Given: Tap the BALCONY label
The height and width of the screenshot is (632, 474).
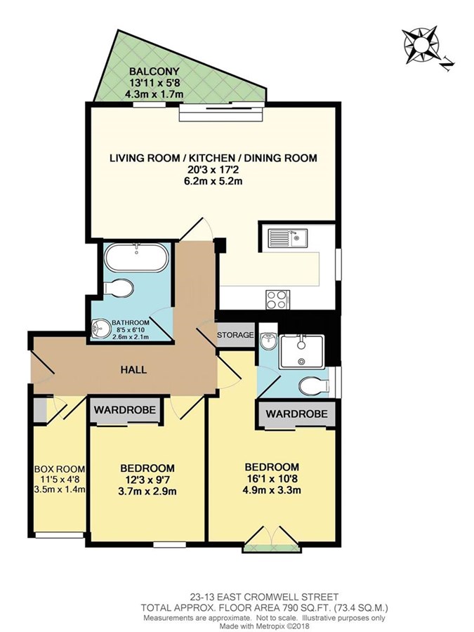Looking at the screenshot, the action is tap(154, 72).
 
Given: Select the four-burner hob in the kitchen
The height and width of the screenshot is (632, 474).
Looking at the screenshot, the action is tap(277, 300).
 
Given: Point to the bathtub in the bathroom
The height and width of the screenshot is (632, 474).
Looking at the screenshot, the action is tap(137, 258).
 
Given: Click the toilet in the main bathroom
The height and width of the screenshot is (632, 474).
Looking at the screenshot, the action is tap(119, 288).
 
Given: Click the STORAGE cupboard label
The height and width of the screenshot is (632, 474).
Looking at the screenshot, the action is tap(235, 334).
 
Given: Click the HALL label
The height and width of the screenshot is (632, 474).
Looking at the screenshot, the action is tap(133, 369).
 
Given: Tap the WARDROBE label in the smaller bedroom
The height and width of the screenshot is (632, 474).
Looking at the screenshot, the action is tap(125, 410).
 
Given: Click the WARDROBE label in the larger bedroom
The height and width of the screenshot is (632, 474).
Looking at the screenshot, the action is tap(296, 414).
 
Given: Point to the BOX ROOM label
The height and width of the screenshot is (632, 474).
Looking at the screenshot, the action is tap(60, 469).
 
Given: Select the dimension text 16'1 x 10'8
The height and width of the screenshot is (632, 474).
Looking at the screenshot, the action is tap(272, 479).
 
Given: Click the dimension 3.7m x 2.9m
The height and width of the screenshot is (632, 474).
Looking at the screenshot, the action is tap(147, 492).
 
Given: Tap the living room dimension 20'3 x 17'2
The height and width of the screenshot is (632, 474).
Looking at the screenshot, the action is tap(213, 169).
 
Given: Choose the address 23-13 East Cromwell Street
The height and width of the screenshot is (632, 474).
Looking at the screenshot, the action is tap(265, 596).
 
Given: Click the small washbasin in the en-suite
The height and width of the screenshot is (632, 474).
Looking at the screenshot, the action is tap(268, 342).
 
